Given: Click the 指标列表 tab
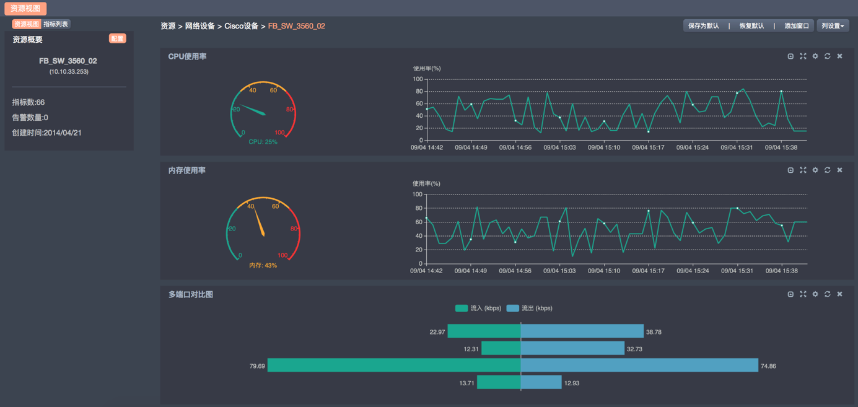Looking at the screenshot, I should (56, 24).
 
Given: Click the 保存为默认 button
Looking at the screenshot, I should (703, 26).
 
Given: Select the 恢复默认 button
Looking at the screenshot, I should (751, 26).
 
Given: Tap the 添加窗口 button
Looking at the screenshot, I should (796, 26).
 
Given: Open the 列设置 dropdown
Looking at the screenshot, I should (833, 26).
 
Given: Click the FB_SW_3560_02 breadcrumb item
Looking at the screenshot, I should (296, 26).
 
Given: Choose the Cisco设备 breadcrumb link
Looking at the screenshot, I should (241, 26).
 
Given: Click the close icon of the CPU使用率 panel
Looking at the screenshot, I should (840, 56).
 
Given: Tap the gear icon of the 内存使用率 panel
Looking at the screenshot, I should (815, 170).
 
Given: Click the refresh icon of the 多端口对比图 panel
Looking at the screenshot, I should (828, 294).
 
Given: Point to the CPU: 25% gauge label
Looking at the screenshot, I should (263, 142).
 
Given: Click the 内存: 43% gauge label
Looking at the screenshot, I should (263, 265).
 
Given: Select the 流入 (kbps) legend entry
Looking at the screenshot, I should (478, 308).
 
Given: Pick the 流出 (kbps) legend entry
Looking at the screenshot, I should (529, 308).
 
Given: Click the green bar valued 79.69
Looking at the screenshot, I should (394, 365).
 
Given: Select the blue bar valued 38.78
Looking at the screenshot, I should (582, 331).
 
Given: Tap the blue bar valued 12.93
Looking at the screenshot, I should (541, 383).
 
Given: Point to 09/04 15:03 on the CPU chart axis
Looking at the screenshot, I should (559, 147).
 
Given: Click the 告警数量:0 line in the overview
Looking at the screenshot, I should (30, 118).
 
